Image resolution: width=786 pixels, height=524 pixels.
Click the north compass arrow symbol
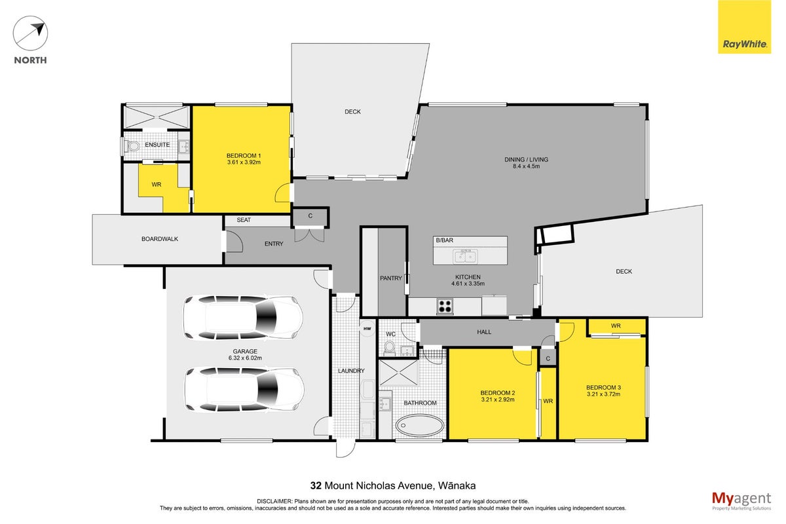pyautogui.click(x=30, y=33)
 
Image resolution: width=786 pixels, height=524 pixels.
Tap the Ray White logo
pyautogui.click(x=744, y=27)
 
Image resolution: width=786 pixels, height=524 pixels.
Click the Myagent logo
pyautogui.click(x=741, y=501)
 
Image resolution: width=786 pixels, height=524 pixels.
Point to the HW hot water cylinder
pyautogui.click(x=367, y=329)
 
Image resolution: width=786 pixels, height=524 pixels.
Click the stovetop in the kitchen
pyautogui.click(x=445, y=306)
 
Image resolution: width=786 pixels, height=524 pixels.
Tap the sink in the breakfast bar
pyautogui.click(x=465, y=257)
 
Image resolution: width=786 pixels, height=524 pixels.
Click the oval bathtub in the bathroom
pyautogui.click(x=420, y=425)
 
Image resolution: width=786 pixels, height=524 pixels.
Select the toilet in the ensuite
pyautogui.click(x=132, y=145)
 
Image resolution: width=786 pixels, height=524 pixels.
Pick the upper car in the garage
pyautogui.click(x=243, y=318)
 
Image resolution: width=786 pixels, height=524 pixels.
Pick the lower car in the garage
pyautogui.click(x=244, y=389)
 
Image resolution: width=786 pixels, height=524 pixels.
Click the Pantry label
pyautogui.click(x=391, y=278)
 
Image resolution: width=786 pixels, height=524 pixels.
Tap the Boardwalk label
pyautogui.click(x=160, y=238)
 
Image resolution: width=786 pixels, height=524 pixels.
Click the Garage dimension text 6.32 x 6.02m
pyautogui.click(x=245, y=358)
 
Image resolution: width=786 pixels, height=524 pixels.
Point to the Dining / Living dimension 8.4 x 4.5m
pyautogui.click(x=527, y=166)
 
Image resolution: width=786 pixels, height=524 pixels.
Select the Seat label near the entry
pyautogui.click(x=244, y=219)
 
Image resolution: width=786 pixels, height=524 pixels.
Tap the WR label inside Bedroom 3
pyautogui.click(x=616, y=326)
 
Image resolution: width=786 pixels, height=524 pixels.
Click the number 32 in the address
pyautogui.click(x=316, y=486)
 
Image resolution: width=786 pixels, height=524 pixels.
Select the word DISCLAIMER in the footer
pyautogui.click(x=274, y=501)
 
